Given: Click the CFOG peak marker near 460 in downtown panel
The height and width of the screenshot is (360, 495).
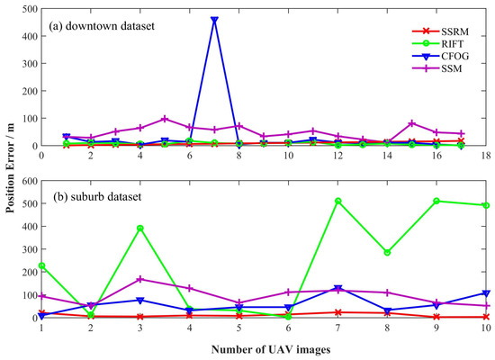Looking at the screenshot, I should coord(214,20).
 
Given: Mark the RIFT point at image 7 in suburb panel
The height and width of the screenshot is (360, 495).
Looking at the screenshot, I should coord(337,201).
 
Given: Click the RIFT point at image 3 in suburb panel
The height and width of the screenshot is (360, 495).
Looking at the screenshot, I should coord(140,228).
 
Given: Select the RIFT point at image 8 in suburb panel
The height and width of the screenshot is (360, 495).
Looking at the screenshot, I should coord(387,253).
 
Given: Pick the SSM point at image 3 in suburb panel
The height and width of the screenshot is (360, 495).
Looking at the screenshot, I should coord(140,279).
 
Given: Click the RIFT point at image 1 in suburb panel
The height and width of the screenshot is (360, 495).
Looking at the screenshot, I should coord(42,265).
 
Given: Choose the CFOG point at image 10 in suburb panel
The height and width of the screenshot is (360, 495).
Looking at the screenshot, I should coord(485,293).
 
